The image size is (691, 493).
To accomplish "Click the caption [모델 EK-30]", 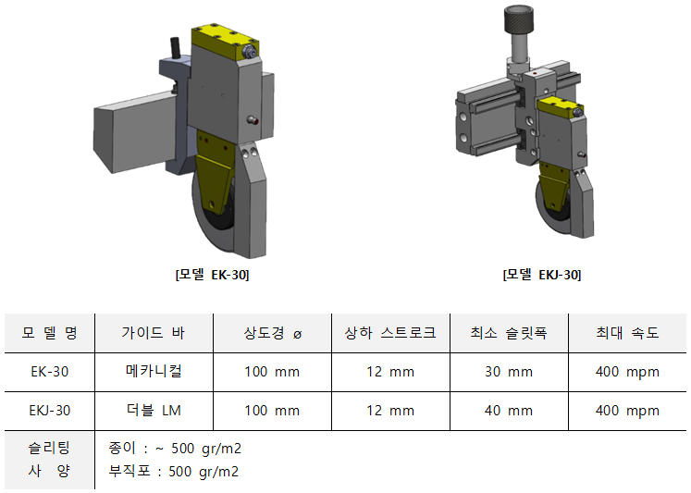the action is click(212, 275).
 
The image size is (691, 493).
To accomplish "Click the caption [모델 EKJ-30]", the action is click(541, 275).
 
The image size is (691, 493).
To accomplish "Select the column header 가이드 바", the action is click(154, 333).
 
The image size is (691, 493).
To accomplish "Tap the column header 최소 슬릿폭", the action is click(509, 333).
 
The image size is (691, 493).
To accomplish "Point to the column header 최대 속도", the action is click(627, 333).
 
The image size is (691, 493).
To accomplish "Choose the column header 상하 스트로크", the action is click(390, 333).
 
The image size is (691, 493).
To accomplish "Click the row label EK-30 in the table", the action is click(49, 372).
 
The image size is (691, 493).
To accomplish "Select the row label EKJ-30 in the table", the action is click(49, 411).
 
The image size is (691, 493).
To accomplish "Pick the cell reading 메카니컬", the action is click(154, 372).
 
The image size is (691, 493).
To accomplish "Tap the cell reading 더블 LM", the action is click(154, 410).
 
